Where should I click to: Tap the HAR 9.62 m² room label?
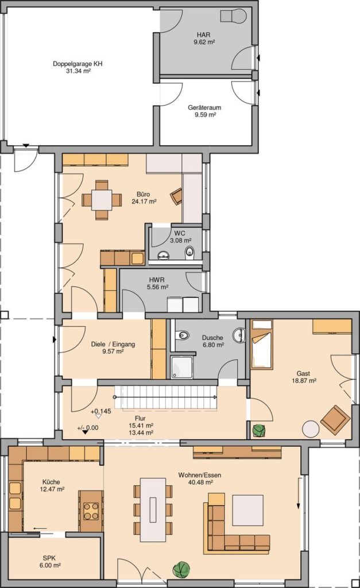point(204,38)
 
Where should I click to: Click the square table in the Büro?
point(102,200)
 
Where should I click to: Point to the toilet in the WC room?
point(189,253)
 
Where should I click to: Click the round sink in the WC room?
point(164,255)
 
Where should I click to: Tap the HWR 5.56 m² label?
point(157,283)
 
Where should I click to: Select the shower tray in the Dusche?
point(182,367)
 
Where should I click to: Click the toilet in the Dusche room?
point(182,335)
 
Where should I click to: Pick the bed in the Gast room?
point(262,344)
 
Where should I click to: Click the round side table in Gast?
point(311,428)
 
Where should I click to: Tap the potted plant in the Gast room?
point(258,430)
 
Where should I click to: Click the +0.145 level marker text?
point(101,411)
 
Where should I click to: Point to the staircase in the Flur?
point(166,397)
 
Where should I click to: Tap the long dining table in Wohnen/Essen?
point(153,509)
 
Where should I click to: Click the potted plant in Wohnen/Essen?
point(181,568)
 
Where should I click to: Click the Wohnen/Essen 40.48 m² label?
point(199,478)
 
